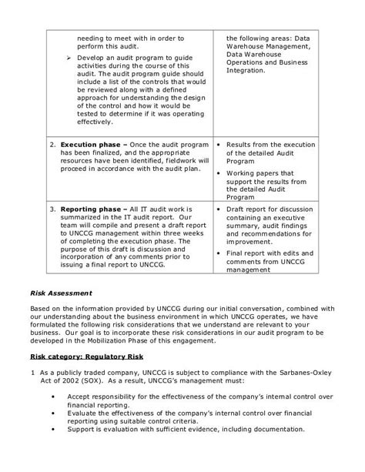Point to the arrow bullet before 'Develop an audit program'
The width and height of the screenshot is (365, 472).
[x=68, y=60]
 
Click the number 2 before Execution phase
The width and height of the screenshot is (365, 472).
[x=52, y=144]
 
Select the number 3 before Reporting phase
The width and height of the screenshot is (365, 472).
[x=52, y=209]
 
